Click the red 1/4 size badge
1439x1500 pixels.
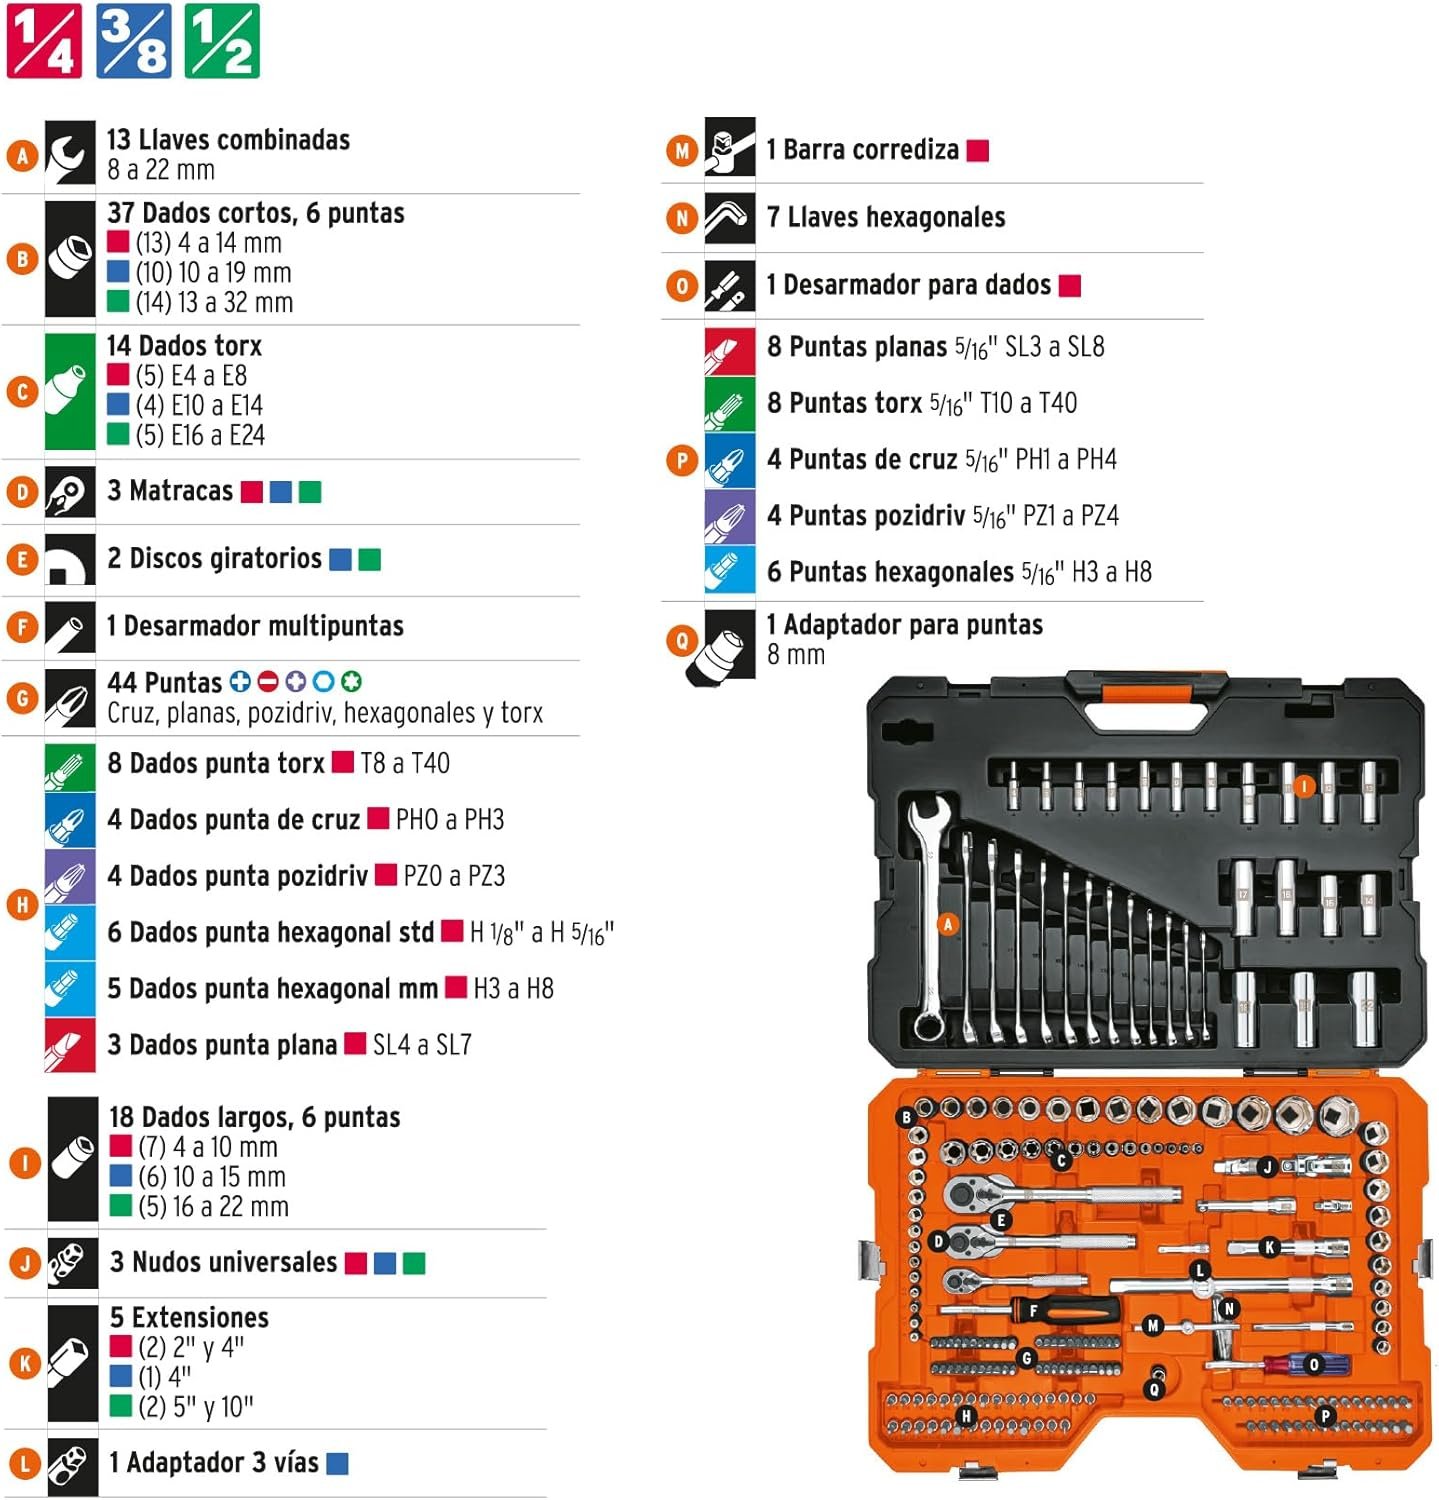[43, 41]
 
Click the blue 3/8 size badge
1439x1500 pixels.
[133, 41]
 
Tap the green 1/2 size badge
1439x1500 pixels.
[222, 41]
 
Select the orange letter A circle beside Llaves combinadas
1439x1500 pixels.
[22, 155]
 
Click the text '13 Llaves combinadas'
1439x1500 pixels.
[228, 140]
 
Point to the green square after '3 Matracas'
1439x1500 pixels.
[310, 492]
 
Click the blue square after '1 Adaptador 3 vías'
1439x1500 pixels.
[338, 1464]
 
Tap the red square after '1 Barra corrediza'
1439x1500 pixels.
[978, 151]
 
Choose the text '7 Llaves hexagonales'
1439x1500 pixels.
[886, 217]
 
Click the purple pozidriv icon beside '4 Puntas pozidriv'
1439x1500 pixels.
[729, 516]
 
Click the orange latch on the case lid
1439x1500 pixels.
[1146, 692]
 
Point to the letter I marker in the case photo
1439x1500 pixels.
[1303, 787]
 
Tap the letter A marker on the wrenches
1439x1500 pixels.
[948, 925]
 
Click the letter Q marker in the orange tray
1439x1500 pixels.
[1154, 1390]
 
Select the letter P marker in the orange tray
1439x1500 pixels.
[1325, 1415]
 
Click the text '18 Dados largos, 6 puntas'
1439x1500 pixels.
[254, 1117]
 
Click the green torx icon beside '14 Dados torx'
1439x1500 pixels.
[70, 391]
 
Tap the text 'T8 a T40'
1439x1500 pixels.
[405, 764]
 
